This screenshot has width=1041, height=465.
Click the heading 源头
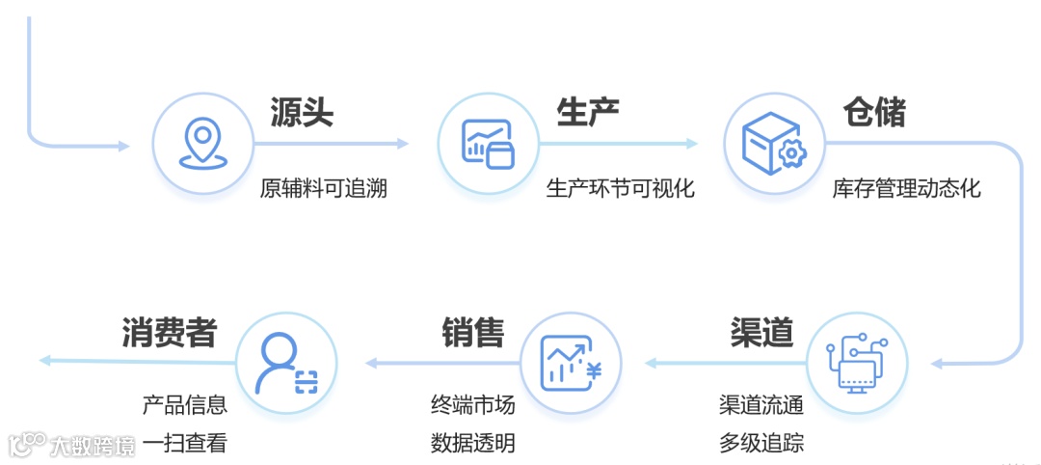pyautogui.click(x=302, y=113)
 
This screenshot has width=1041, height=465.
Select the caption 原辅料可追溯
pyautogui.click(x=323, y=188)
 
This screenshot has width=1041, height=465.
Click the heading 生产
pyautogui.click(x=587, y=113)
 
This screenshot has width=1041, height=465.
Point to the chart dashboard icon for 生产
pyautogui.click(x=488, y=145)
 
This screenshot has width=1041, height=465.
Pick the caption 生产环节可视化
pyautogui.click(x=620, y=188)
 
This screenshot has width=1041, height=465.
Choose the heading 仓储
pyautogui.click(x=874, y=113)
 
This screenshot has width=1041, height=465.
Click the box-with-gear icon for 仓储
pyautogui.click(x=773, y=145)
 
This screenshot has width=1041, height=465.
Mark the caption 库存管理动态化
pyautogui.click(x=906, y=188)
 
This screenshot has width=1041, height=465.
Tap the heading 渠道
pyautogui.click(x=761, y=332)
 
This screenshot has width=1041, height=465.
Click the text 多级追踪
pyautogui.click(x=761, y=443)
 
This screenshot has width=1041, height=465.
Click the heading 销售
pyautogui.click(x=473, y=332)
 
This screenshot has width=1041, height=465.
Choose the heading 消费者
pyautogui.click(x=170, y=332)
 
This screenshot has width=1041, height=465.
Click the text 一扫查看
pyautogui.click(x=184, y=443)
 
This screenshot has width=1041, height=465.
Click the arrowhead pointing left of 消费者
pyautogui.click(x=44, y=361)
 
